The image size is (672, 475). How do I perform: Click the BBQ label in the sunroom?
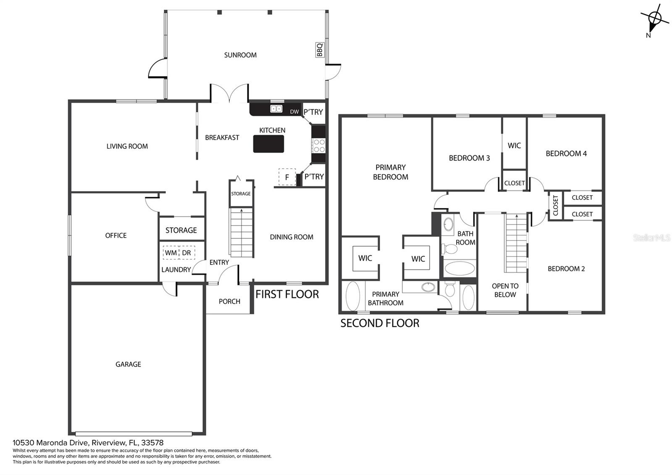pyautogui.click(x=320, y=50)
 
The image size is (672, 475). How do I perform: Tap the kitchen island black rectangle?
pyautogui.click(x=268, y=144)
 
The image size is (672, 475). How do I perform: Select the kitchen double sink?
pyautogui.click(x=276, y=108)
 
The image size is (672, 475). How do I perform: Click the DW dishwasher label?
pyautogui.click(x=294, y=112)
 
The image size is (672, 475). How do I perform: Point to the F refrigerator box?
pyautogui.click(x=287, y=177)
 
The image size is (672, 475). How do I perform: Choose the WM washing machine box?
pyautogui.click(x=171, y=253)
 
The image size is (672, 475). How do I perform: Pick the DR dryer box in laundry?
pyautogui.click(x=186, y=253)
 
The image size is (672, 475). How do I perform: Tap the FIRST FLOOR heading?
pyautogui.click(x=287, y=294)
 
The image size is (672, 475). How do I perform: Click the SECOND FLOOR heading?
pyautogui.click(x=380, y=323)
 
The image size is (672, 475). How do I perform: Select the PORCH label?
pyautogui.click(x=229, y=301)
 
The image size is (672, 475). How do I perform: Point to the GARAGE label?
pyautogui.click(x=128, y=364)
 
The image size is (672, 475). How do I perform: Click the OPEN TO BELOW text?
pyautogui.click(x=505, y=290)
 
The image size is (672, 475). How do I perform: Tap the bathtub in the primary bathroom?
pyautogui.click(x=353, y=296)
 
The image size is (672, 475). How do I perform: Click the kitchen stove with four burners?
pyautogui.click(x=318, y=145)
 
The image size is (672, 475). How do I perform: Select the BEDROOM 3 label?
pyautogui.click(x=469, y=158)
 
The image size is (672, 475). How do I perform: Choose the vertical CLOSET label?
pyautogui.click(x=555, y=206)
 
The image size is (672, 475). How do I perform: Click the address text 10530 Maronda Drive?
pyautogui.click(x=51, y=443)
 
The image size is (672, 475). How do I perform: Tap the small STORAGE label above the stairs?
pyautogui.click(x=241, y=194)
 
